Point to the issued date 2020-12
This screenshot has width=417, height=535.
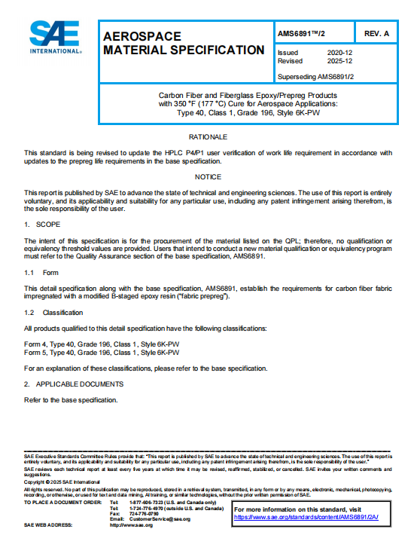pyautogui.click(x=339, y=53)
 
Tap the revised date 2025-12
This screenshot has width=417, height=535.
pyautogui.click(x=339, y=61)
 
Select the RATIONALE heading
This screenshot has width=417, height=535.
pyautogui.click(x=208, y=137)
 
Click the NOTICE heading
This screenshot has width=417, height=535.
pyautogui.click(x=208, y=177)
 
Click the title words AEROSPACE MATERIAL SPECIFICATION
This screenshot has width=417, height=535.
pyautogui.click(x=183, y=43)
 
